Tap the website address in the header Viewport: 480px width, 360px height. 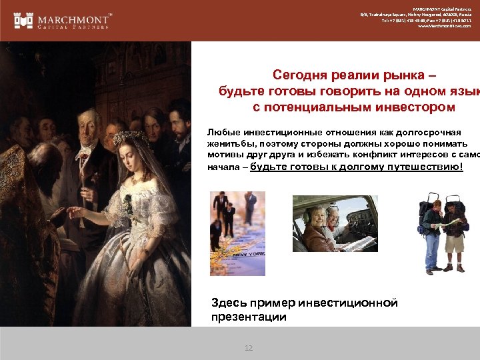[444, 26]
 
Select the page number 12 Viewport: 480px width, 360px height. [249, 348]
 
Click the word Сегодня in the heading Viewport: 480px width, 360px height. [301, 76]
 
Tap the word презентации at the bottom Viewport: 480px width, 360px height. [249, 317]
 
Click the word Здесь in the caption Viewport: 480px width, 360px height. [229, 303]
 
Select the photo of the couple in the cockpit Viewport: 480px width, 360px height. [335, 223]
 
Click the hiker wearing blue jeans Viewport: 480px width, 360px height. [431, 233]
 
